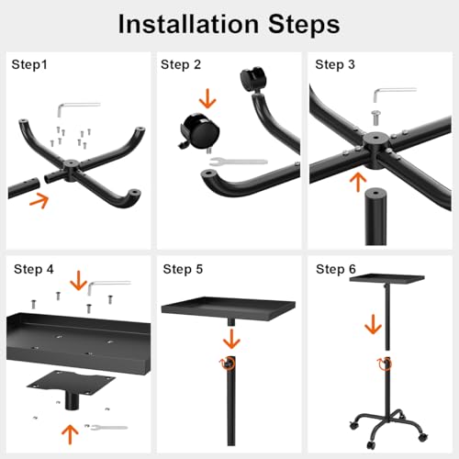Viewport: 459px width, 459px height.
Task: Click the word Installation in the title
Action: pyautogui.click(x=188, y=24)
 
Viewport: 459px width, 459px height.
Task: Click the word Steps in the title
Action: pyautogui.click(x=304, y=25)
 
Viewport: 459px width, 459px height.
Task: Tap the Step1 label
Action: pyautogui.click(x=29, y=65)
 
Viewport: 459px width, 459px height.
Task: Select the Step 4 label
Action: pyautogui.click(x=34, y=270)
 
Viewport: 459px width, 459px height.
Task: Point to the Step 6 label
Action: pyautogui.click(x=336, y=270)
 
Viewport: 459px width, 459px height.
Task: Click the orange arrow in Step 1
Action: pyautogui.click(x=39, y=200)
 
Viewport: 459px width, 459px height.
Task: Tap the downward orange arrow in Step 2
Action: pyautogui.click(x=207, y=98)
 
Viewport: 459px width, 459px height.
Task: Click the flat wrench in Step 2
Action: pyautogui.click(x=239, y=162)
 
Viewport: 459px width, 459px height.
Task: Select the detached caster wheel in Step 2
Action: pyautogui.click(x=200, y=131)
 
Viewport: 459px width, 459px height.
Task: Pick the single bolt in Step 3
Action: pyautogui.click(x=375, y=118)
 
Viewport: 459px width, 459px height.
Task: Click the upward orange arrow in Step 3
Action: pyautogui.click(x=358, y=183)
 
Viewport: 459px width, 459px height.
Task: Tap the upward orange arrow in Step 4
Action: pyautogui.click(x=70, y=434)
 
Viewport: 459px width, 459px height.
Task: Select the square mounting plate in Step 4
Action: pyautogui.click(x=71, y=383)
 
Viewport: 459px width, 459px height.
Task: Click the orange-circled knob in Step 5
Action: pyautogui.click(x=228, y=363)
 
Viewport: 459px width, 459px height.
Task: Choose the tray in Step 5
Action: pyautogui.click(x=229, y=308)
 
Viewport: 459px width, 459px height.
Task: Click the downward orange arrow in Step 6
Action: pyautogui.click(x=373, y=324)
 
